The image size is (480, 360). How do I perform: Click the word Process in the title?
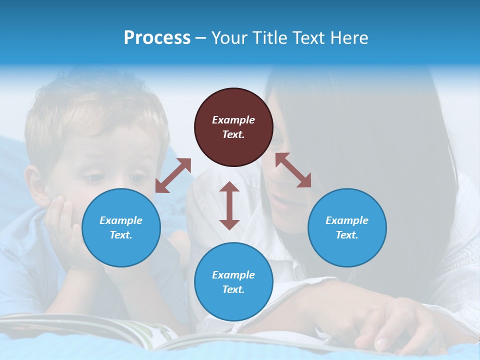tap(157, 38)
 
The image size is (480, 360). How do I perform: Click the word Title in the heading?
tap(265, 38)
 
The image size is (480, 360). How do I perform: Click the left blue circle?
tap(121, 227)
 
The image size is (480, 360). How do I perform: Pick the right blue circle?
tap(347, 227)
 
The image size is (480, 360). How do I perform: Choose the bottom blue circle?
tap(233, 281)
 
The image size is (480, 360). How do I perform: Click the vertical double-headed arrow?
tap(229, 205)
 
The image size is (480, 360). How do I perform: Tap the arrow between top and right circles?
tap(293, 170)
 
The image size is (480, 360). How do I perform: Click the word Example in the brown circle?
tap(233, 120)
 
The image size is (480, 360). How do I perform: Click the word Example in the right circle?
tap(347, 220)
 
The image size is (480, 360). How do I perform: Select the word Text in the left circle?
tap(121, 235)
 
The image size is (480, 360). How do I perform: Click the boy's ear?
tap(35, 185)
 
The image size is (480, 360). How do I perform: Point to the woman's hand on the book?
tap(395, 325)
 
